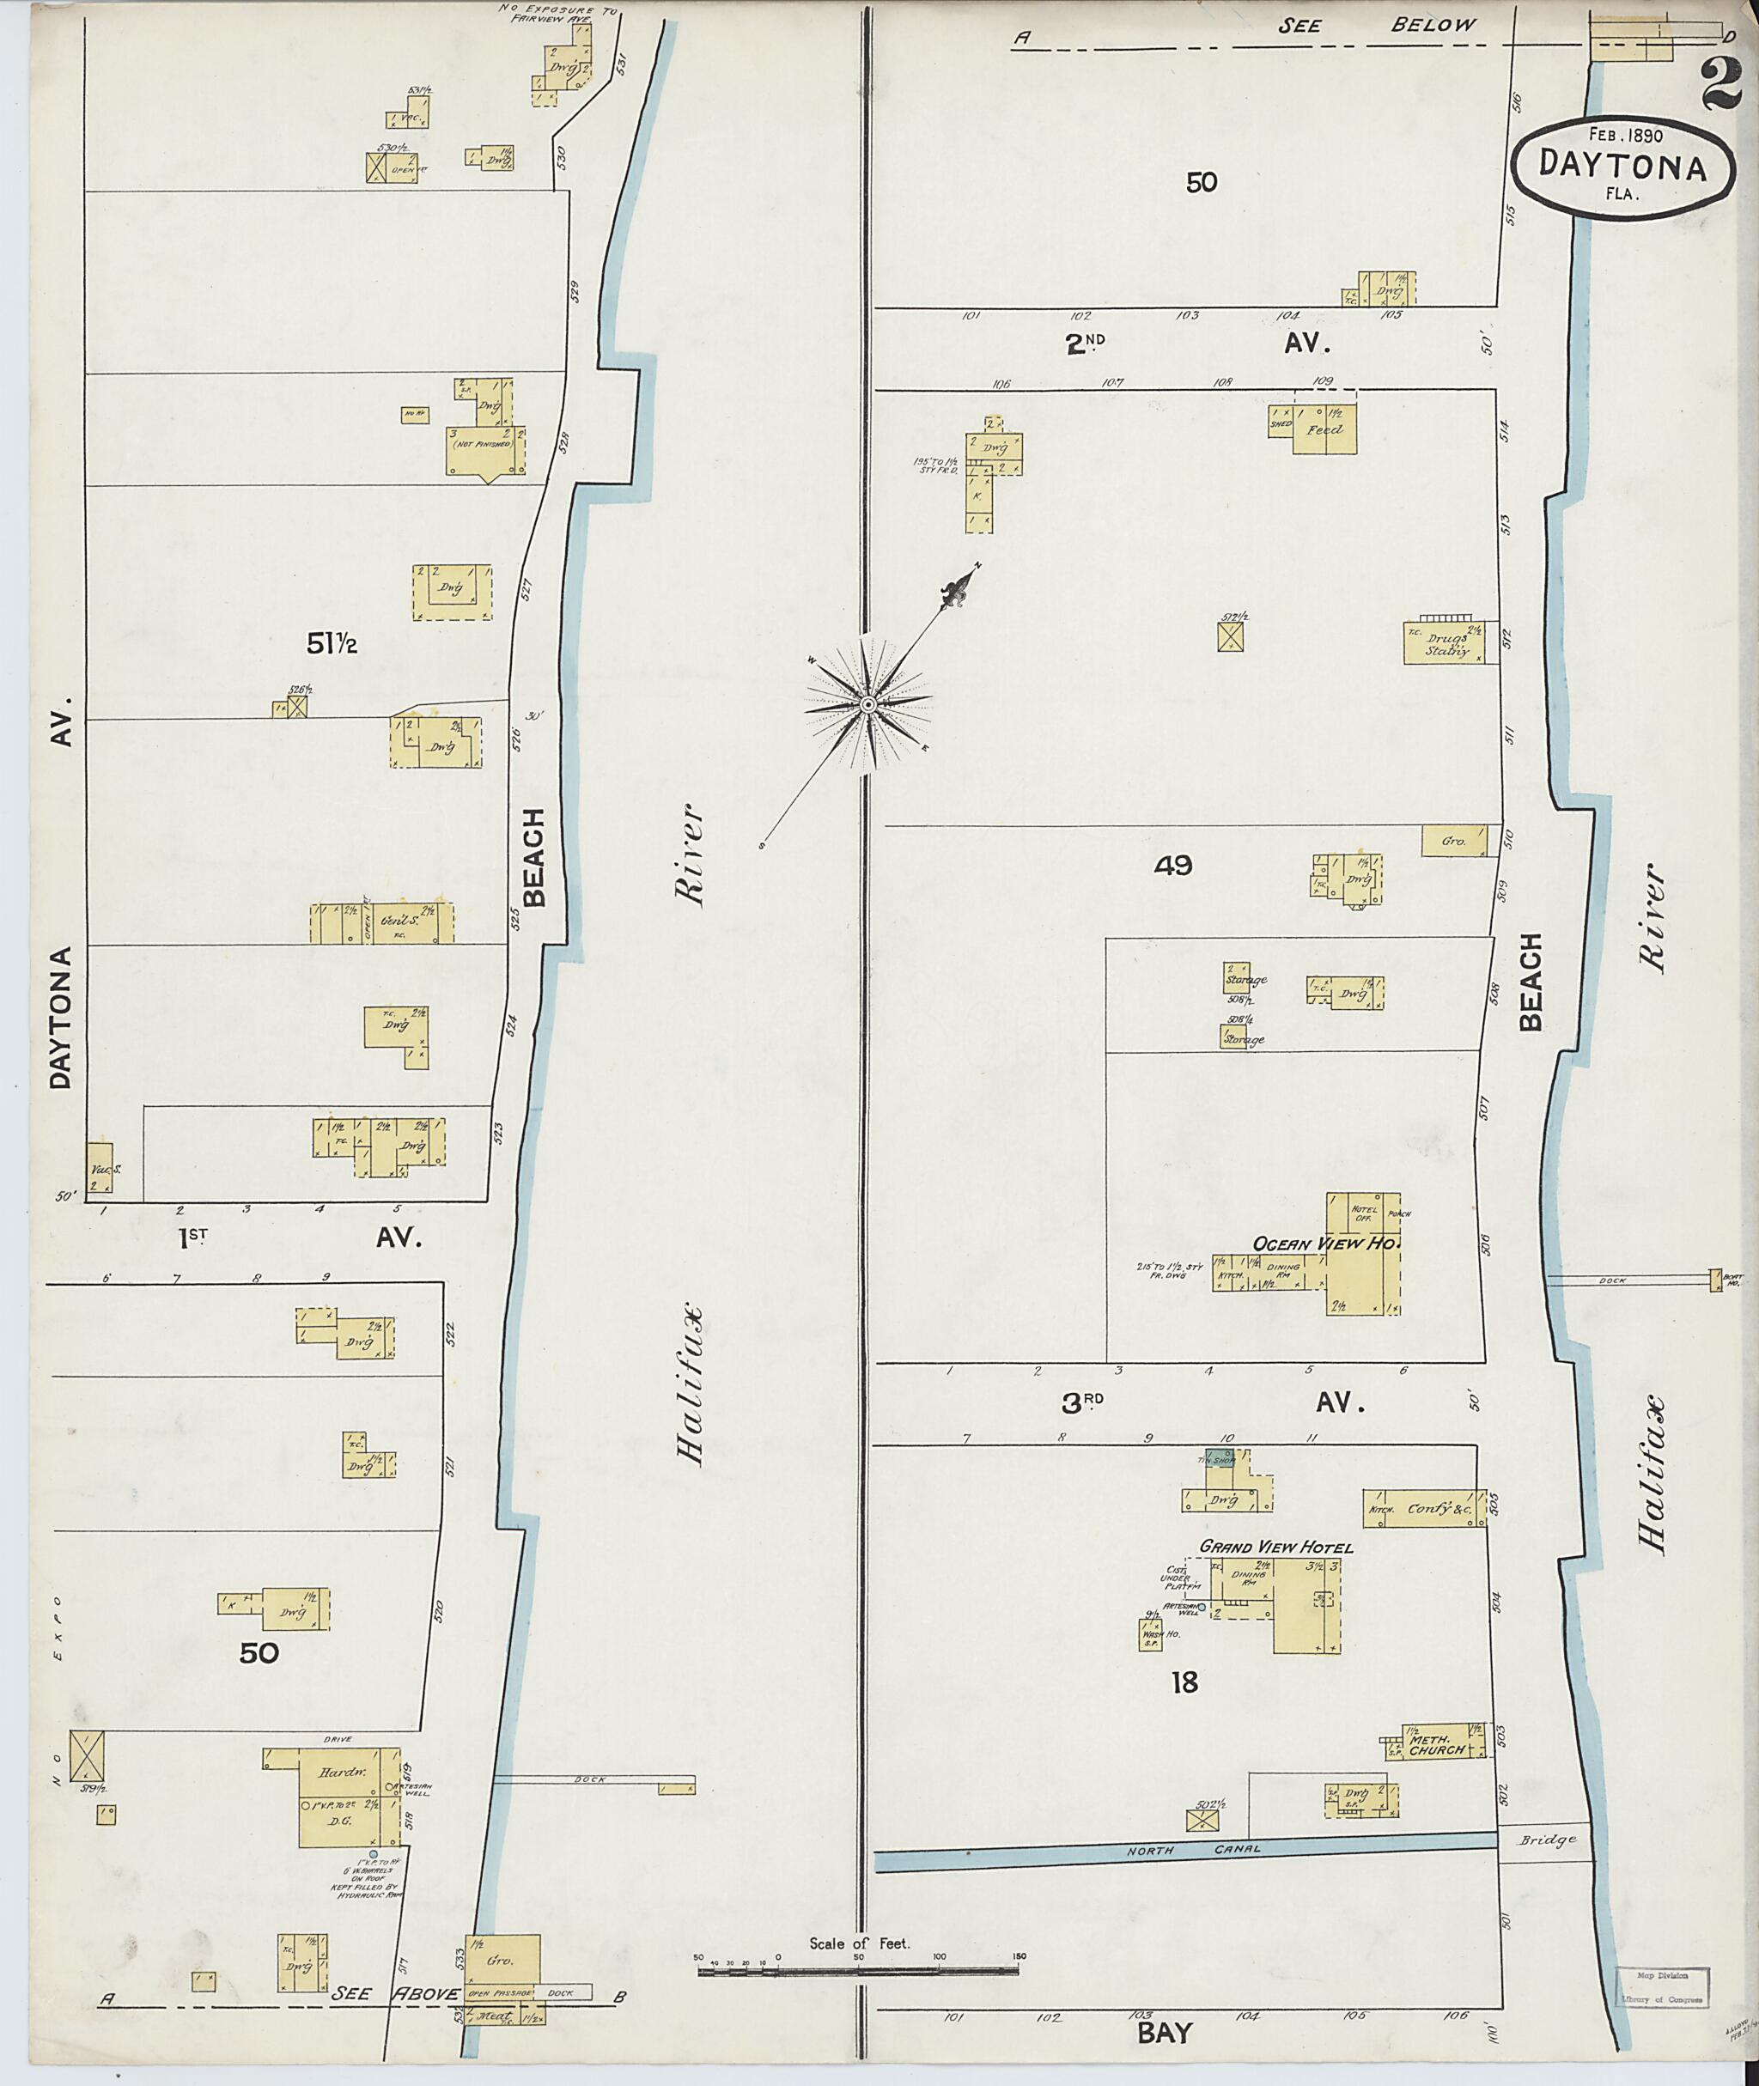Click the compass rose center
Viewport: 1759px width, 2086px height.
[867, 705]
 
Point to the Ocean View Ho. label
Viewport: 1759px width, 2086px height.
[1326, 1244]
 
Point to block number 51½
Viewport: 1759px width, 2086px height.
[331, 645]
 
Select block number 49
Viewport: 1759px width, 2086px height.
[1172, 866]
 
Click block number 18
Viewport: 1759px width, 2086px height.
[1184, 1683]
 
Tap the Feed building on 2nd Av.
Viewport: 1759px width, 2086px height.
[1324, 429]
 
